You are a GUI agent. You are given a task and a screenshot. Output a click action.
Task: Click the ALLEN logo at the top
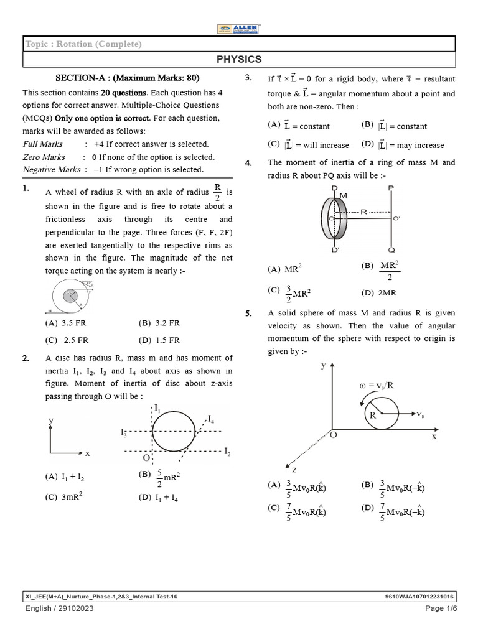239,29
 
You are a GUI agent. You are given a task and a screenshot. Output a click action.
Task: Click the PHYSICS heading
239,59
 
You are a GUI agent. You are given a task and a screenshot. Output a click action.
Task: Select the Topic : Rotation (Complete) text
83,44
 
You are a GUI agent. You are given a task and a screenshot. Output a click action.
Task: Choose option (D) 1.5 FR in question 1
159,340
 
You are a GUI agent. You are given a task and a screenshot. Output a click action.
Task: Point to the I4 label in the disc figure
212,419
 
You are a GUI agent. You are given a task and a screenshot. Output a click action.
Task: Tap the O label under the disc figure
146,458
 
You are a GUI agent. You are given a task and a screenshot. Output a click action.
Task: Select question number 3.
248,78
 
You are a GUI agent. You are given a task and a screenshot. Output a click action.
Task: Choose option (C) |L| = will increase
309,145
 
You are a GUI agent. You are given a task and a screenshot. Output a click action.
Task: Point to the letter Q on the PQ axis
391,249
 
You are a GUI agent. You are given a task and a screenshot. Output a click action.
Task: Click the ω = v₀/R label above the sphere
377,385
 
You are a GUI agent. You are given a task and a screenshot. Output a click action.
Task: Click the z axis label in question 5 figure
294,469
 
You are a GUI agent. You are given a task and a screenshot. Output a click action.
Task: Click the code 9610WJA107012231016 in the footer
421,596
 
